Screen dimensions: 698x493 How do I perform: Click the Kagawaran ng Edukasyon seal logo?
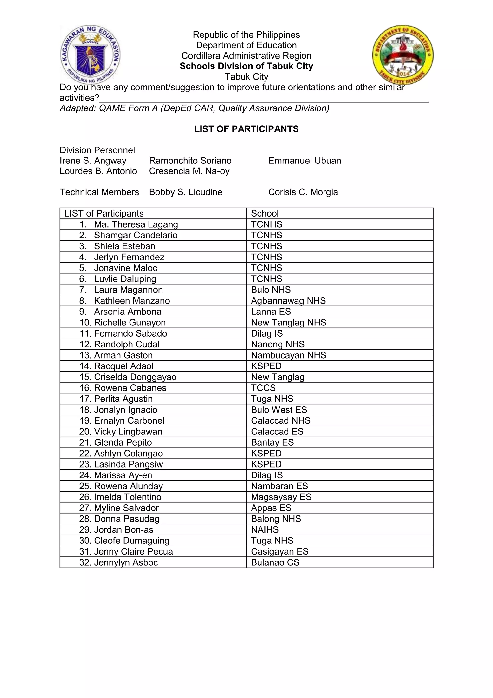click(91, 55)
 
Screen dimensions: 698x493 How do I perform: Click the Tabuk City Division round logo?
click(402, 55)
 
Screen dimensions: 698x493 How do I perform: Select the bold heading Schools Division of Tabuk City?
click(246, 66)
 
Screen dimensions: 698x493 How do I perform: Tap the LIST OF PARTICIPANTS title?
click(246, 129)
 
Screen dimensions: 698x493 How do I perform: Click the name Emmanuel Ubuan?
click(305, 161)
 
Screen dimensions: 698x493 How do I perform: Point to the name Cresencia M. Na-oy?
click(189, 171)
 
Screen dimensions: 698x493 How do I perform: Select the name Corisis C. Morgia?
click(303, 192)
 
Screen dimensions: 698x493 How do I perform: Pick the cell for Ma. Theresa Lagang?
click(136, 224)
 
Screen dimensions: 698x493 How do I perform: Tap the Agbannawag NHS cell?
click(288, 301)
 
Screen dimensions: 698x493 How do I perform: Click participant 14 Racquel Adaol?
click(123, 366)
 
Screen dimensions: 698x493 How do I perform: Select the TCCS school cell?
click(263, 388)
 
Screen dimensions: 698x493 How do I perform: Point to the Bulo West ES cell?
click(279, 410)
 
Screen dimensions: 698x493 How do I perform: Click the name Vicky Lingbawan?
click(128, 431)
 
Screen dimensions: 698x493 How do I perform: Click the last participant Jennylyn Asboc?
click(126, 562)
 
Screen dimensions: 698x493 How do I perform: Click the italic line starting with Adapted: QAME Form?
click(194, 108)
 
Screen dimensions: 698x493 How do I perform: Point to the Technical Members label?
click(99, 192)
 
